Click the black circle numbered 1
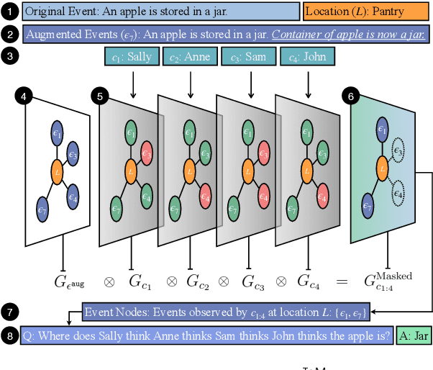coord(9,12)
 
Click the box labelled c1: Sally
coord(132,57)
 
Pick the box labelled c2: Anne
coord(191,57)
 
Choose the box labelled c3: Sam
coord(249,57)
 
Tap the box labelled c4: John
coord(308,57)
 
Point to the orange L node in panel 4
coord(56,171)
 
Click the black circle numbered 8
coord(9,335)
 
